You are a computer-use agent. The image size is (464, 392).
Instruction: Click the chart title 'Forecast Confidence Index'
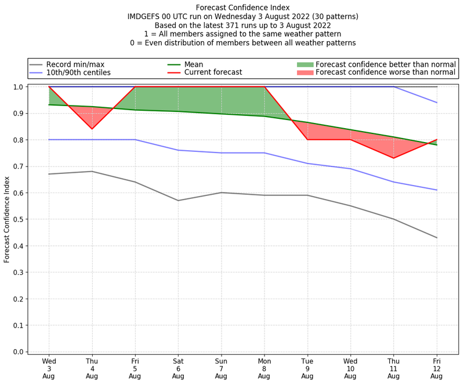[242, 8]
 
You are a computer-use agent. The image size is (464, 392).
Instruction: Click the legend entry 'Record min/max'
[75, 64]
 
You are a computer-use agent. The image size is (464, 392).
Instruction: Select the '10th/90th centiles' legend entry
[78, 72]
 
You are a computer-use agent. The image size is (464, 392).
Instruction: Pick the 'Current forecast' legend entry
[213, 72]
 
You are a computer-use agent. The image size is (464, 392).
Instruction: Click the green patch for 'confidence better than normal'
[305, 64]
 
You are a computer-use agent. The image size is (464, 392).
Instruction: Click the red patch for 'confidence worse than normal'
[305, 72]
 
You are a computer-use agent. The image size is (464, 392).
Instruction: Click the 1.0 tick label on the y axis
[18, 87]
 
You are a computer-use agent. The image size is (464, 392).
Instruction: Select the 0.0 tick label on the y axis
[18, 351]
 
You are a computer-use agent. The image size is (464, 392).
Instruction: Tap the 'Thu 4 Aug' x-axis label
[92, 368]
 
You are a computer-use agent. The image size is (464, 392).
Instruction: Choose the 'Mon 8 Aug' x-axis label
[264, 368]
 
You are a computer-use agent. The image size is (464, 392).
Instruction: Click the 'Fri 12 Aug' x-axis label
[436, 368]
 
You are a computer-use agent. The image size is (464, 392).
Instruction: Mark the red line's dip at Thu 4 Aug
[92, 129]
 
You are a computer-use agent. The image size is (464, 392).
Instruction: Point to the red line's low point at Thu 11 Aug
[393, 158]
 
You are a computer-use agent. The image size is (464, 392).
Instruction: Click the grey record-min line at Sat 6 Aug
[178, 201]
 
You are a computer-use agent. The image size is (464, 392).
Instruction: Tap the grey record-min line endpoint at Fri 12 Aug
[436, 238]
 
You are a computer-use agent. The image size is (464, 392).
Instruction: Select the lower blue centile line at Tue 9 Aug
[307, 164]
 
